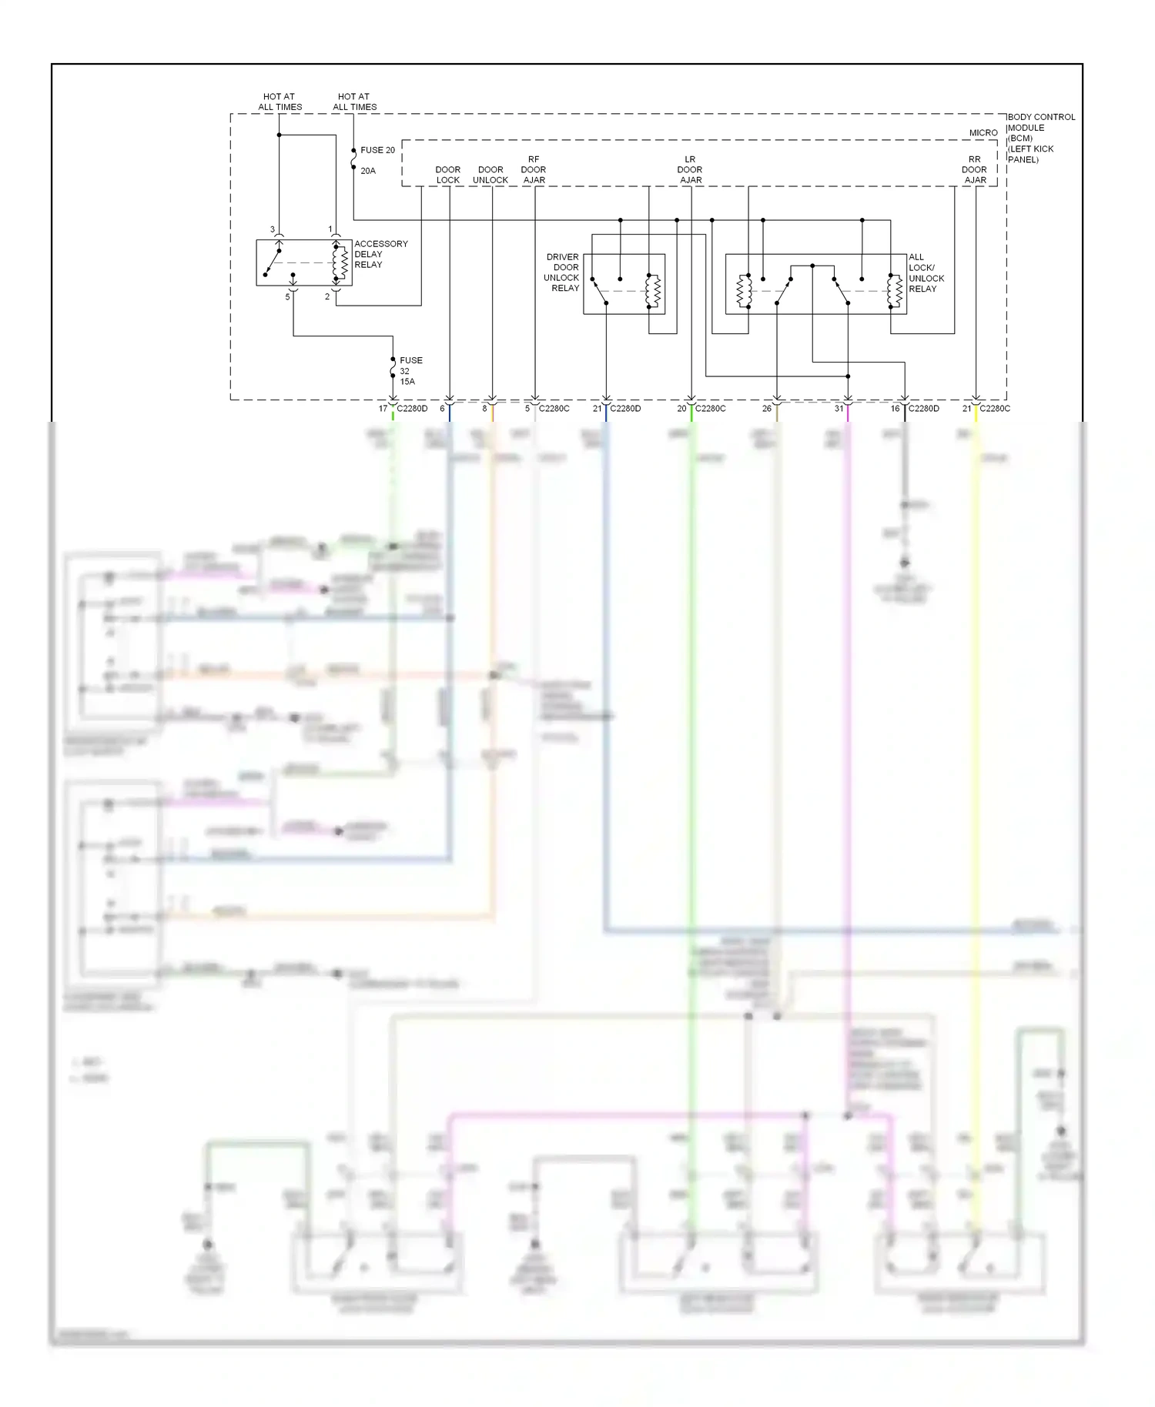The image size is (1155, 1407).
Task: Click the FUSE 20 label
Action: (377, 150)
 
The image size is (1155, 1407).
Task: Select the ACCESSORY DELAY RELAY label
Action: (380, 254)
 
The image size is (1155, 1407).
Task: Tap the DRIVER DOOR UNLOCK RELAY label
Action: (562, 272)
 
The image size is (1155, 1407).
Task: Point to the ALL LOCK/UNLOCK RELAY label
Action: (926, 273)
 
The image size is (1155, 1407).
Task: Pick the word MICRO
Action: (983, 133)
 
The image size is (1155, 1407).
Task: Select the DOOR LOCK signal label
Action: (447, 175)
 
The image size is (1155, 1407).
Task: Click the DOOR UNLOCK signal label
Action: (490, 175)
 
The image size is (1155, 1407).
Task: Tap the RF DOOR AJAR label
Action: (534, 170)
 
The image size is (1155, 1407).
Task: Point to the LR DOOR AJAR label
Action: (690, 170)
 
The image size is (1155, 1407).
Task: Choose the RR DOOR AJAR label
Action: (974, 170)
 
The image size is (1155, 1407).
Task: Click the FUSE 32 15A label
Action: (410, 370)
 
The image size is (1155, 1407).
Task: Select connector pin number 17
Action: (383, 409)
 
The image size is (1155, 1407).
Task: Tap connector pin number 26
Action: (767, 409)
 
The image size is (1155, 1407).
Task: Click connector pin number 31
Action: (839, 409)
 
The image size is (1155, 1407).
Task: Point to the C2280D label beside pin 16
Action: (923, 409)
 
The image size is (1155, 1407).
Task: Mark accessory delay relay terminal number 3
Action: (273, 229)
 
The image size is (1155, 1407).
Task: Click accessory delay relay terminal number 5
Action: (287, 297)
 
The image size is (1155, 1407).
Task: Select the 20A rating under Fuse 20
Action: (368, 171)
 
